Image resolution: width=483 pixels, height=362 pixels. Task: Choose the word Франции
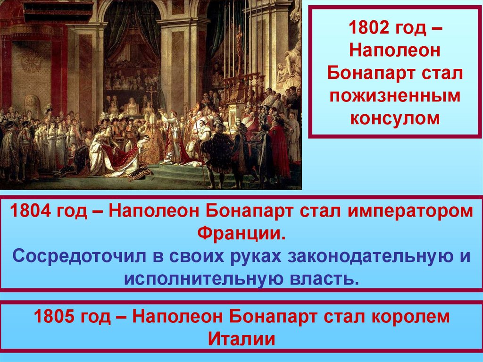pos(241,233)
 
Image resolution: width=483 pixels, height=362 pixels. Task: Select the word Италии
pos(241,339)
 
